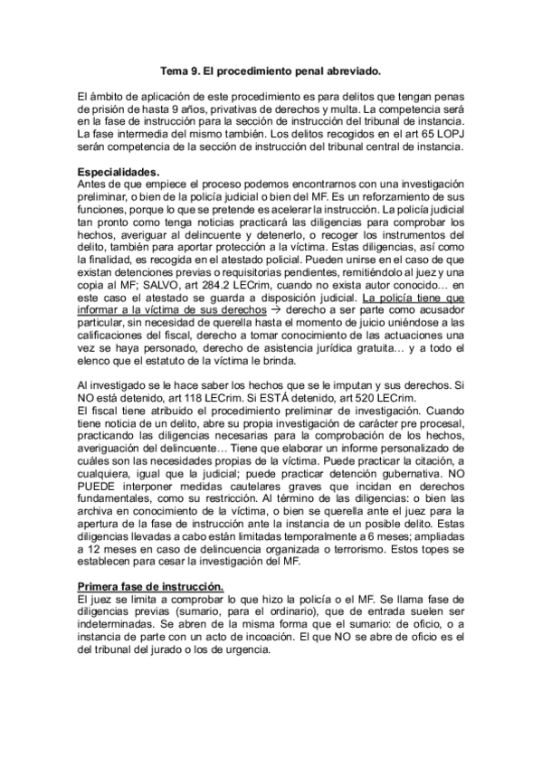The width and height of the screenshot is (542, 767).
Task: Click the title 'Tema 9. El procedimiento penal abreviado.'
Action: (271, 69)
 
